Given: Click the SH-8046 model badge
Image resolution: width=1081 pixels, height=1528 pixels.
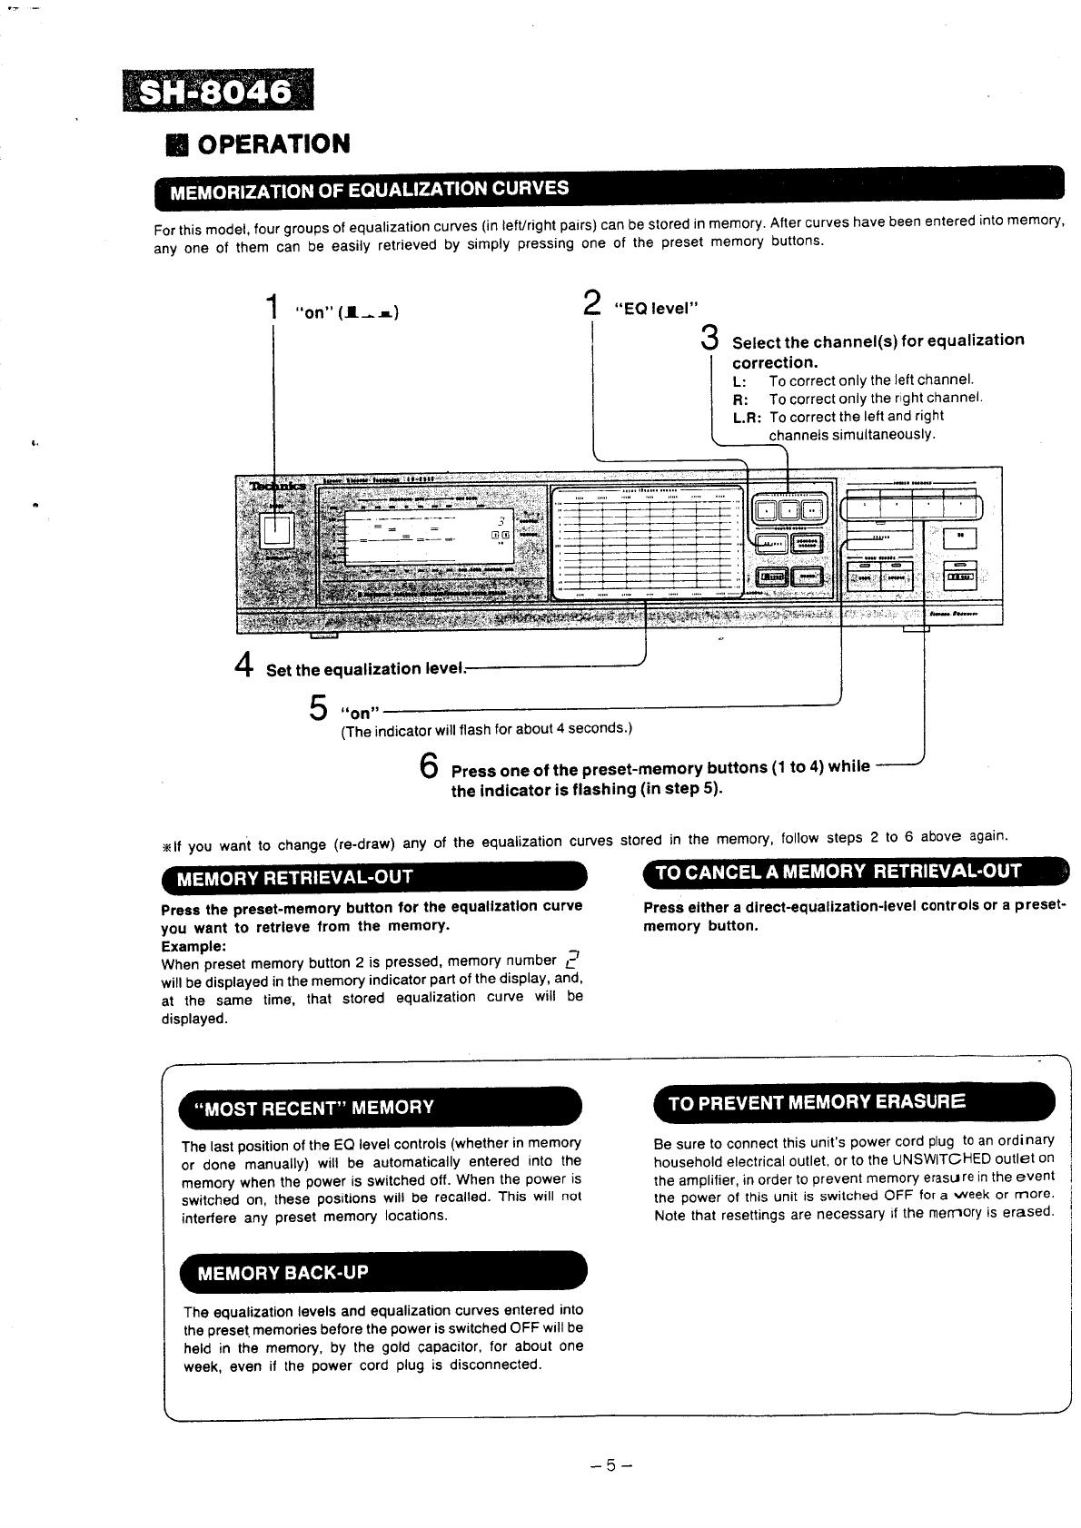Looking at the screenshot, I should click(217, 92).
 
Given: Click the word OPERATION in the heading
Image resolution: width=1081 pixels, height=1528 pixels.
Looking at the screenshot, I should click(273, 143).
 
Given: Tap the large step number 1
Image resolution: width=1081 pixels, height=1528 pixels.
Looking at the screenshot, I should click(272, 307).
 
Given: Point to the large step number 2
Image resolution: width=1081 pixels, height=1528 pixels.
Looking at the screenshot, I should click(591, 303).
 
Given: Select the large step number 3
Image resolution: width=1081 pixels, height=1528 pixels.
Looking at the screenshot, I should click(710, 339).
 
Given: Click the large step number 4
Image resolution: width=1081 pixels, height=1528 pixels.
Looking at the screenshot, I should click(243, 665).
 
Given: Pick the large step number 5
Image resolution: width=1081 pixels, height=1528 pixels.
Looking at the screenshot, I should click(319, 707).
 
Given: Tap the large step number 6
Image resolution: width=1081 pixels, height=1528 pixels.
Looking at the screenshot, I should click(431, 765).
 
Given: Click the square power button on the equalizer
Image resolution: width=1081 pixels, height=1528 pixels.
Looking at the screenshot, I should click(275, 531).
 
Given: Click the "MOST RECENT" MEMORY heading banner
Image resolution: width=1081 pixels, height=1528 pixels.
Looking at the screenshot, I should click(308, 1107).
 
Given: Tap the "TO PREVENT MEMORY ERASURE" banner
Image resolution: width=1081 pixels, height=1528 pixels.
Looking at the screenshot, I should click(817, 1102).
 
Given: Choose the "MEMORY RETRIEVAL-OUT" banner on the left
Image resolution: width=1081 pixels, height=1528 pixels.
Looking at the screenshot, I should click(295, 877).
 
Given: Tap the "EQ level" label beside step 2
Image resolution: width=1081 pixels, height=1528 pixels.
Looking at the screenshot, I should click(656, 309).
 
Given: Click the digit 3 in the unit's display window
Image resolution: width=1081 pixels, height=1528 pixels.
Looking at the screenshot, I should click(500, 520).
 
